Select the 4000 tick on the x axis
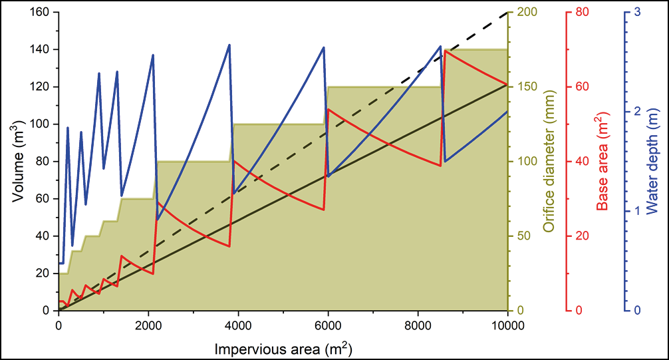238,326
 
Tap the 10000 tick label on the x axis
507,326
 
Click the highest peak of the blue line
229,45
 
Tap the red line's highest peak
445,51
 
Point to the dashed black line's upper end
507,12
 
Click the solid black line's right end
507,85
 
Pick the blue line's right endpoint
507,111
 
